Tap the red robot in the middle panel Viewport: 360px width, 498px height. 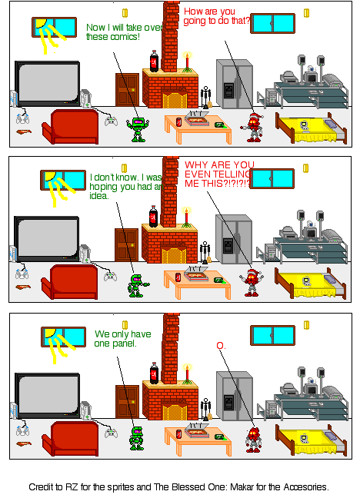pos(251,281)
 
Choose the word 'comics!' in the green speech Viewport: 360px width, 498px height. pos(128,37)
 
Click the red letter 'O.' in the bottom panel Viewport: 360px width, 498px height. pos(221,347)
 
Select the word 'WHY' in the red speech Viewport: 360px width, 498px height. pos(197,164)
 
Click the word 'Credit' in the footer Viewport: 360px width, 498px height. pos(44,486)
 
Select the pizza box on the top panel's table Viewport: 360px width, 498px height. pos(197,120)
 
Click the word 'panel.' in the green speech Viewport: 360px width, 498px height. pos(122,344)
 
